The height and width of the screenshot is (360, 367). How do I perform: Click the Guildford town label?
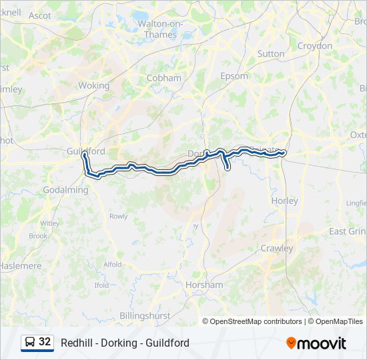pos(85,151)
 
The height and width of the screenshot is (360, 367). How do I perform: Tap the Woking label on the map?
pos(93,85)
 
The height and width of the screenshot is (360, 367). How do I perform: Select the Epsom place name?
pos(234,76)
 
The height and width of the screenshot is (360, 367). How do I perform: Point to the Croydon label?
pos(314,46)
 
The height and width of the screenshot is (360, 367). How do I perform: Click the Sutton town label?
pos(270,53)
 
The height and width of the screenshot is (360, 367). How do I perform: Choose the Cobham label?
pos(163,78)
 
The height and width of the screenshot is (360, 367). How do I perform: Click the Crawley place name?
pos(277,248)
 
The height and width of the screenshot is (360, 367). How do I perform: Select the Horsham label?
pos(205,285)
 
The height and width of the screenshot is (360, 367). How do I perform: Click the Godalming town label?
pos(65,190)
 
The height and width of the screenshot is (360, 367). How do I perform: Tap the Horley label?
pos(284,200)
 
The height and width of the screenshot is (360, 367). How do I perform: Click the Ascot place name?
pos(40,15)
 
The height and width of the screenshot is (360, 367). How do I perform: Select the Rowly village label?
pos(118,216)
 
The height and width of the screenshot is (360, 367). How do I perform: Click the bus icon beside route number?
pos(29,342)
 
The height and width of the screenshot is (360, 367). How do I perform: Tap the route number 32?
pos(45,341)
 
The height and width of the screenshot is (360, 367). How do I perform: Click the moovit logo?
pos(316,343)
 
